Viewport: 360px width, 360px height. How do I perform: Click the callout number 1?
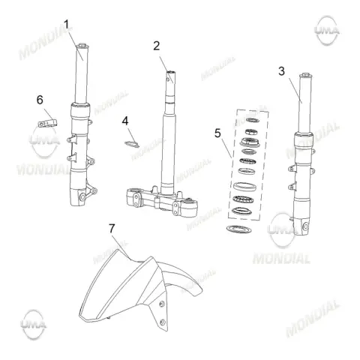pyautogui.click(x=66, y=25)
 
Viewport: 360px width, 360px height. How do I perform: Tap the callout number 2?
pyautogui.click(x=157, y=46)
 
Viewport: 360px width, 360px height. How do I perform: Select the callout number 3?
pyautogui.click(x=282, y=71)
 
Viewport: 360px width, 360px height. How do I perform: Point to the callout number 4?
pyautogui.click(x=125, y=121)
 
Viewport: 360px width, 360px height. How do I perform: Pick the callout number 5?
pyautogui.click(x=217, y=133)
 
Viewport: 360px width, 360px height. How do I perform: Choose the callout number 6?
pyautogui.click(x=40, y=100)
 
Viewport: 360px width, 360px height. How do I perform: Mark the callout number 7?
pyautogui.click(x=112, y=228)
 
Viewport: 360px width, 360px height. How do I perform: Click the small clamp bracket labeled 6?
pyautogui.click(x=47, y=123)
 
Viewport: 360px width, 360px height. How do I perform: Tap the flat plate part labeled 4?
pyautogui.click(x=132, y=144)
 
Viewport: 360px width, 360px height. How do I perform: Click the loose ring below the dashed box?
pyautogui.click(x=238, y=229)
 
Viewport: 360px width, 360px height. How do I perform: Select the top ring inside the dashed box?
pyautogui.click(x=252, y=120)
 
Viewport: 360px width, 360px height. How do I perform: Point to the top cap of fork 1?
pyautogui.click(x=82, y=46)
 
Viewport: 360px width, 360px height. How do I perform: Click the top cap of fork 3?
pyautogui.click(x=305, y=75)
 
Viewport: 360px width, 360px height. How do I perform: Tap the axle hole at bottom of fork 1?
pyautogui.click(x=82, y=197)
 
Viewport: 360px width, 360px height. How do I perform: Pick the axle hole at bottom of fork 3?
pyautogui.click(x=305, y=226)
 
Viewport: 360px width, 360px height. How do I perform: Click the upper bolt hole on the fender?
pyautogui.click(x=162, y=304)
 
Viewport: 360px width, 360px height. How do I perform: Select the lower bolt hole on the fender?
pyautogui.click(x=162, y=322)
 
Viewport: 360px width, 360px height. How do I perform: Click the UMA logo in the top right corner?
pyautogui.click(x=327, y=31)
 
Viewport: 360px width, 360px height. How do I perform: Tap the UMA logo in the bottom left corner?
pyautogui.click(x=33, y=325)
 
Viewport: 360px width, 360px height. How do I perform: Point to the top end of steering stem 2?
pyautogui.click(x=171, y=73)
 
